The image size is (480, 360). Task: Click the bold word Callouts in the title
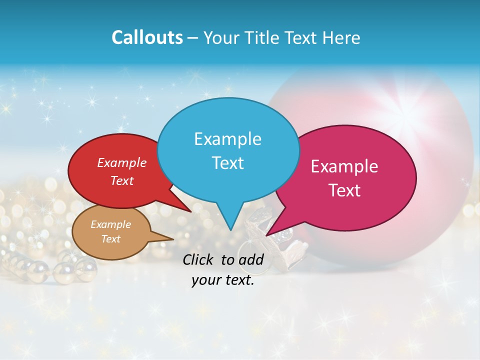pyautogui.click(x=147, y=37)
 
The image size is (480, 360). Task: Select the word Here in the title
pyautogui.click(x=341, y=37)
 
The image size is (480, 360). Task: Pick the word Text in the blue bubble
pyautogui.click(x=227, y=163)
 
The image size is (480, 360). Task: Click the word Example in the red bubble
pyautogui.click(x=122, y=162)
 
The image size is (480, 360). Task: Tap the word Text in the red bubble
pyautogui.click(x=122, y=180)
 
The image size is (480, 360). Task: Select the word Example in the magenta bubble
pyautogui.click(x=344, y=166)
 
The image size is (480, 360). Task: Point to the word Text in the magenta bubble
pyautogui.click(x=344, y=190)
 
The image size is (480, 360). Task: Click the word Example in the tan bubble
pyautogui.click(x=110, y=224)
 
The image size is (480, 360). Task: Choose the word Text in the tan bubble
pyautogui.click(x=110, y=239)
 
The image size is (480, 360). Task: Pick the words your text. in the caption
pyautogui.click(x=222, y=280)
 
